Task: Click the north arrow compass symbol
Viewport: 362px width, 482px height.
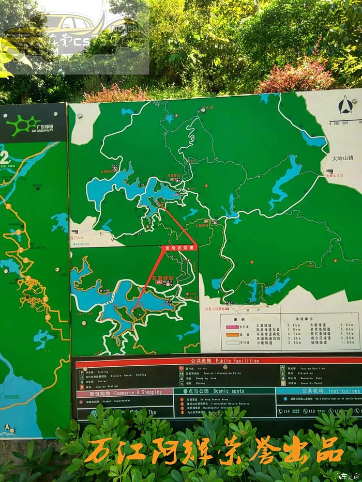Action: pyautogui.click(x=345, y=105)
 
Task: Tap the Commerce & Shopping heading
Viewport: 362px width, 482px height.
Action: pyautogui.click(x=137, y=393)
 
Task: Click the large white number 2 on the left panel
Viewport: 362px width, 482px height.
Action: pyautogui.click(x=5, y=157)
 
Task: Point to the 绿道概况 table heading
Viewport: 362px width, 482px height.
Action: pyautogui.click(x=304, y=318)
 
